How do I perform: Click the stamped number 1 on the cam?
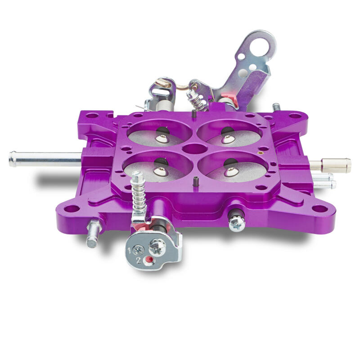click(x=129, y=251)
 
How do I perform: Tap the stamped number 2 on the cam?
click(x=138, y=261)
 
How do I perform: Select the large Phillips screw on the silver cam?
click(x=156, y=246)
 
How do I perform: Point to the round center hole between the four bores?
click(x=195, y=148)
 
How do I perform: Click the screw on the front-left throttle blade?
click(x=159, y=171)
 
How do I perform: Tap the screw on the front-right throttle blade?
click(x=231, y=171)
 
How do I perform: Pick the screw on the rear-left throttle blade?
click(x=161, y=138)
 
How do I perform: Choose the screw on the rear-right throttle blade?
click(x=227, y=139)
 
